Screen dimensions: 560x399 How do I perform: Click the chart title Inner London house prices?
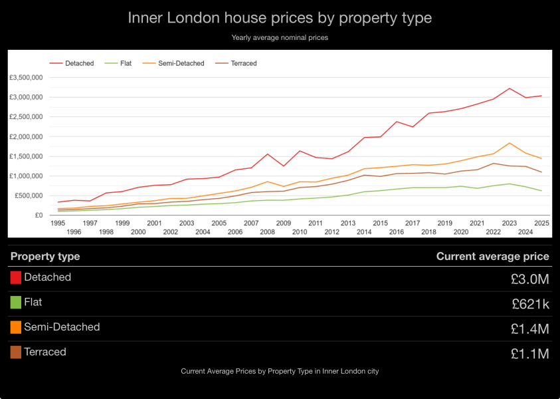280,18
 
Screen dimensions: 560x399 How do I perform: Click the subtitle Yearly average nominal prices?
280,38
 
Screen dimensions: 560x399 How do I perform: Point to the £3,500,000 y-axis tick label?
27,78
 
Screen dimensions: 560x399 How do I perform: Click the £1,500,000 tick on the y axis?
27,156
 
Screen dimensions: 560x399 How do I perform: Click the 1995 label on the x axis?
58,223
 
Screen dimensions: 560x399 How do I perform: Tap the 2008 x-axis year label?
268,232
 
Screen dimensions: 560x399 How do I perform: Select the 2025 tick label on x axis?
541,223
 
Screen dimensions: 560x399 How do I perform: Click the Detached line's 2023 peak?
510,88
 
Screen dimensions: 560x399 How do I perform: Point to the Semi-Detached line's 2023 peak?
510,143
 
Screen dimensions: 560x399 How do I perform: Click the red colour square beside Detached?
16,277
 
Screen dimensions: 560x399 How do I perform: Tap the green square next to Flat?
16,303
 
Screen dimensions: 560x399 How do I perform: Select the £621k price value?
531,304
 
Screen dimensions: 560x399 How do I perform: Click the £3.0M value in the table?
531,279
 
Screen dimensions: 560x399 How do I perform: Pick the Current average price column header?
492,256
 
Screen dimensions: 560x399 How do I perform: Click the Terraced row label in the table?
45,352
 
